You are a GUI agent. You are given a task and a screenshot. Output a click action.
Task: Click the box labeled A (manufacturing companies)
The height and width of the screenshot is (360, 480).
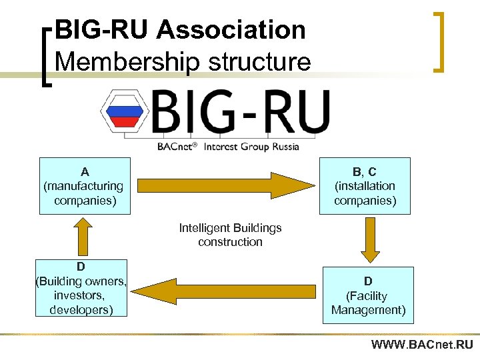[x=84, y=186]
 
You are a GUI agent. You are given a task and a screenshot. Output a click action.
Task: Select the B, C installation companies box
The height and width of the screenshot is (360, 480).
[x=365, y=186]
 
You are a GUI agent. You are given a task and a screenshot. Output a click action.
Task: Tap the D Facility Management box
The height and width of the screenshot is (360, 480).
[x=368, y=295]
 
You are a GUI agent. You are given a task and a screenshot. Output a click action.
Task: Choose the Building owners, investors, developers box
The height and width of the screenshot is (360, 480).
[x=81, y=288]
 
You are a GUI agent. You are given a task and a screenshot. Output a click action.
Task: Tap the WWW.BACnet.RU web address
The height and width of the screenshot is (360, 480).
[x=422, y=345]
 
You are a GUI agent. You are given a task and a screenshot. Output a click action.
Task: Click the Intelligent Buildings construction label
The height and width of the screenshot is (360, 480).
[x=230, y=235]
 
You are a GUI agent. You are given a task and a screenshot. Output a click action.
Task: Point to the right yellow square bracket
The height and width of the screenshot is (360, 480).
[x=439, y=41]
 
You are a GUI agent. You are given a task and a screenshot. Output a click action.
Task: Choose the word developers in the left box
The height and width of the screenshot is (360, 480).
[x=81, y=310]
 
